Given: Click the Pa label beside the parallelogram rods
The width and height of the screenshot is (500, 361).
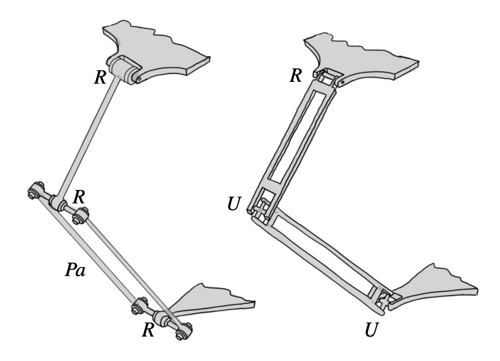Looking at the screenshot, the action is (75, 269).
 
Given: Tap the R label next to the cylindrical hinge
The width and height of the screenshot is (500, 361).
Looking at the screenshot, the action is (100, 77).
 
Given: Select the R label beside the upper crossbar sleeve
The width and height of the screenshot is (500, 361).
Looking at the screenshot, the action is (79, 197).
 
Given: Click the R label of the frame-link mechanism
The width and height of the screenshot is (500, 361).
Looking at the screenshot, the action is (296, 76).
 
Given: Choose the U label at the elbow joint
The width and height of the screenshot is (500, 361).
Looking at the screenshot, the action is (233, 203).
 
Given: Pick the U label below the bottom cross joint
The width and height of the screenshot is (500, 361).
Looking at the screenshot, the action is (372, 329).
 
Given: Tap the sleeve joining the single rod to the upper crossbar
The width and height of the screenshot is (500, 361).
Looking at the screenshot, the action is (57, 202).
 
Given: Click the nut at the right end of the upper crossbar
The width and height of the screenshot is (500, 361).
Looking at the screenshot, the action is (80, 216).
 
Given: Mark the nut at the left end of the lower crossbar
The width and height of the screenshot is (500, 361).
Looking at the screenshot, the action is (139, 305).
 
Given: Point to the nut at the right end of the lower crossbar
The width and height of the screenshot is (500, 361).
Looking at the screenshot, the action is (184, 331).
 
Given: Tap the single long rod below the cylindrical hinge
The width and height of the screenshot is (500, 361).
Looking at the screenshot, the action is (87, 136).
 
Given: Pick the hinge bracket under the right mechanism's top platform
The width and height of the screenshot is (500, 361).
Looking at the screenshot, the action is (328, 78).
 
